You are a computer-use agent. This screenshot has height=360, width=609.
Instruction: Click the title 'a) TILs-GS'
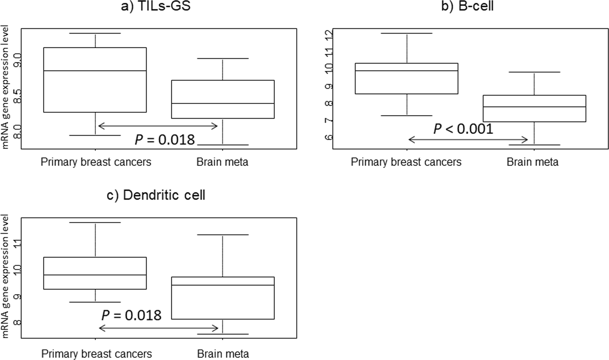click(156, 6)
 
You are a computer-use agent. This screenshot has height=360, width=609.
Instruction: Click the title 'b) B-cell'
click(467, 6)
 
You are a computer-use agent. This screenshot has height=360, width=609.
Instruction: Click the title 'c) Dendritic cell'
click(156, 195)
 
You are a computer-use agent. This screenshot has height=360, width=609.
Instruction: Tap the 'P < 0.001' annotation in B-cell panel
click(463, 129)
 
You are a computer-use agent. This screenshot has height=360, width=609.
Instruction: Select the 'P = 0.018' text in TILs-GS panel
click(165, 140)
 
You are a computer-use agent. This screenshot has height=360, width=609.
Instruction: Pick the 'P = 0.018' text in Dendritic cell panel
click(131, 315)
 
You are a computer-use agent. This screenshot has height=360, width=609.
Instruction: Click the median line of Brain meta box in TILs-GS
click(223, 103)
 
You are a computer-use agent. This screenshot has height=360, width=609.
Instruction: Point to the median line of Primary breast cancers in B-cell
click(406, 71)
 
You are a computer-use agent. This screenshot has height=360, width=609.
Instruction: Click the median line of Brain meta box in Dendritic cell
click(223, 285)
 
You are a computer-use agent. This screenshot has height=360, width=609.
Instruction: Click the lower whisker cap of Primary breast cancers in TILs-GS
click(95, 135)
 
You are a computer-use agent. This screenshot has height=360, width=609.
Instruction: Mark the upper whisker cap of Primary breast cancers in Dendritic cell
click(95, 222)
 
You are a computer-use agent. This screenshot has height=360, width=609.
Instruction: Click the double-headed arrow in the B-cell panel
click(468, 139)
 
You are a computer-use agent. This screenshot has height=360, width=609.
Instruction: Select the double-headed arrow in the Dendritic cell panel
click(159, 328)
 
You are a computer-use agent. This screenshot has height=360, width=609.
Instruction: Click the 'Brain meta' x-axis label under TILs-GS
click(222, 162)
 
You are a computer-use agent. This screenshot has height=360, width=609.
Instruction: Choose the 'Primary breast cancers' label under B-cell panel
click(406, 162)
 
